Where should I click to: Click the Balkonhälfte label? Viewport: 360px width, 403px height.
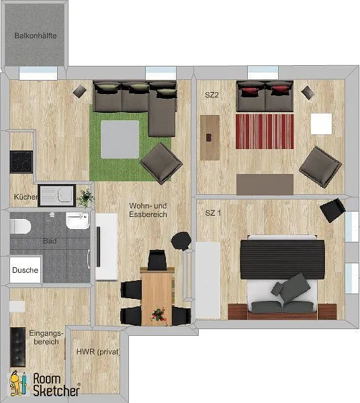coord(36,36)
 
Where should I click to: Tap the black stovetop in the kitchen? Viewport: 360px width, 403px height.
coord(21,162)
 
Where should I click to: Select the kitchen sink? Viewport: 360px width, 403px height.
coord(57,195)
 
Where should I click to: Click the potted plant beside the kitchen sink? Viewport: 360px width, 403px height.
coord(86,197)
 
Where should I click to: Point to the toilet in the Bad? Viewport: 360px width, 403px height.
coord(20,226)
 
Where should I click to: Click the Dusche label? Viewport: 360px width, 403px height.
coord(25,270)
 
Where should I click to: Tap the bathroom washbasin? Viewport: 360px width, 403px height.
coord(78,220)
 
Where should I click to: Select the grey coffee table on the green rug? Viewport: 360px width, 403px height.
coord(120,139)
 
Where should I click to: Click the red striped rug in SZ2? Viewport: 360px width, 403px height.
coord(265,132)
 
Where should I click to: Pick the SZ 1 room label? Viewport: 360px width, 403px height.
coord(213,213)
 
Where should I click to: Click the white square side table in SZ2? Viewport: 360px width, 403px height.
coord(321,124)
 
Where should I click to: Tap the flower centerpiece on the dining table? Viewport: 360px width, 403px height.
coord(159,315)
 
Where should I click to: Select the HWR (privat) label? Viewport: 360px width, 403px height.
coord(99,351)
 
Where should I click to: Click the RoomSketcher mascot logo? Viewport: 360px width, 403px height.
coord(18,383)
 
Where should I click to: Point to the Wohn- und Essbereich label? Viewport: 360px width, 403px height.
coord(148,210)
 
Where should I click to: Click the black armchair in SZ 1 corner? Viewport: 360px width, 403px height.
coord(332,210)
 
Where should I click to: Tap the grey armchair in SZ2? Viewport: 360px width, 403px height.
coord(320,167)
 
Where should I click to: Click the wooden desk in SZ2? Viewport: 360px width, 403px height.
coord(210,138)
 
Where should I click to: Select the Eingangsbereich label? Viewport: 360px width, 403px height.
coord(46,337)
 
